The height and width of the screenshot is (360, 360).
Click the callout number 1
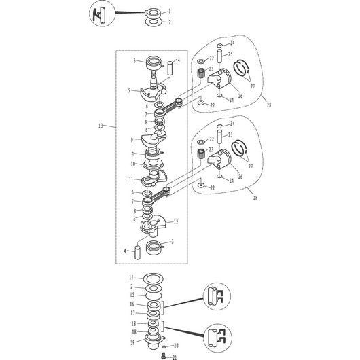tap(170, 11)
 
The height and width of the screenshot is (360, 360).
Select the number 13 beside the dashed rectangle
tap(101, 126)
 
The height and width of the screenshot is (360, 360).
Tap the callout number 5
tap(129, 90)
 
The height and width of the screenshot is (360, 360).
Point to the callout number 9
tap(132, 140)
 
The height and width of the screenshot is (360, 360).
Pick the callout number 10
tap(133, 164)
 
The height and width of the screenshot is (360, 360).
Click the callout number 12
tap(176, 222)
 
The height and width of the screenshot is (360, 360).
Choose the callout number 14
tap(131, 278)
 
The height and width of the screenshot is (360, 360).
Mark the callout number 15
tap(132, 295)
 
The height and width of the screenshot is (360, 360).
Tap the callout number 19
tap(132, 342)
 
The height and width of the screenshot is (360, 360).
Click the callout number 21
tap(175, 357)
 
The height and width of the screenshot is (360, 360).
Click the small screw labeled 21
tap(164, 355)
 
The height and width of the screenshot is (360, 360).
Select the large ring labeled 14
tap(154, 279)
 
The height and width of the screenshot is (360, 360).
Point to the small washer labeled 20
tap(164, 346)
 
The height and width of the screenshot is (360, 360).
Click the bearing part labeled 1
tap(153, 14)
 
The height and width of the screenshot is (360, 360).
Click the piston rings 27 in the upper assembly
tap(241, 68)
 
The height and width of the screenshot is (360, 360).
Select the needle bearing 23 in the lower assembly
tap(201, 154)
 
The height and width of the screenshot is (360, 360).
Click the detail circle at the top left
tap(102, 14)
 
